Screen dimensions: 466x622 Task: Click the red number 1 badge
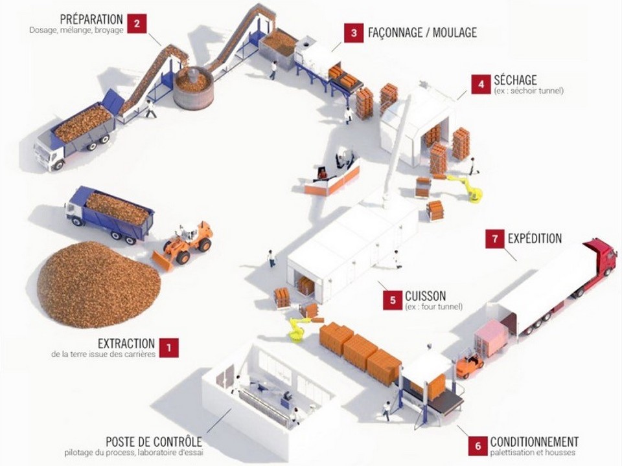[x=169, y=348]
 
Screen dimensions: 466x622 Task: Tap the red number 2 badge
[x=136, y=24]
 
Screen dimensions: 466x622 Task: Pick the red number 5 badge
[x=393, y=300]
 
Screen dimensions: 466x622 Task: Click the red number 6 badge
[x=478, y=445]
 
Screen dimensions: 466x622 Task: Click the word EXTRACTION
[x=126, y=344]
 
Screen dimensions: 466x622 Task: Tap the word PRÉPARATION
[x=91, y=19]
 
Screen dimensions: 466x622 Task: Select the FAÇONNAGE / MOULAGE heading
[x=422, y=32]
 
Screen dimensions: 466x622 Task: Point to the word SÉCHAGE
[x=515, y=80]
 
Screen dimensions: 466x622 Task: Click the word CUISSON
[x=425, y=296]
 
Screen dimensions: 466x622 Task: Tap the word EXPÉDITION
[x=535, y=238]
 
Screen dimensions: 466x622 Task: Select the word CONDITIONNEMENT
[x=535, y=441]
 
